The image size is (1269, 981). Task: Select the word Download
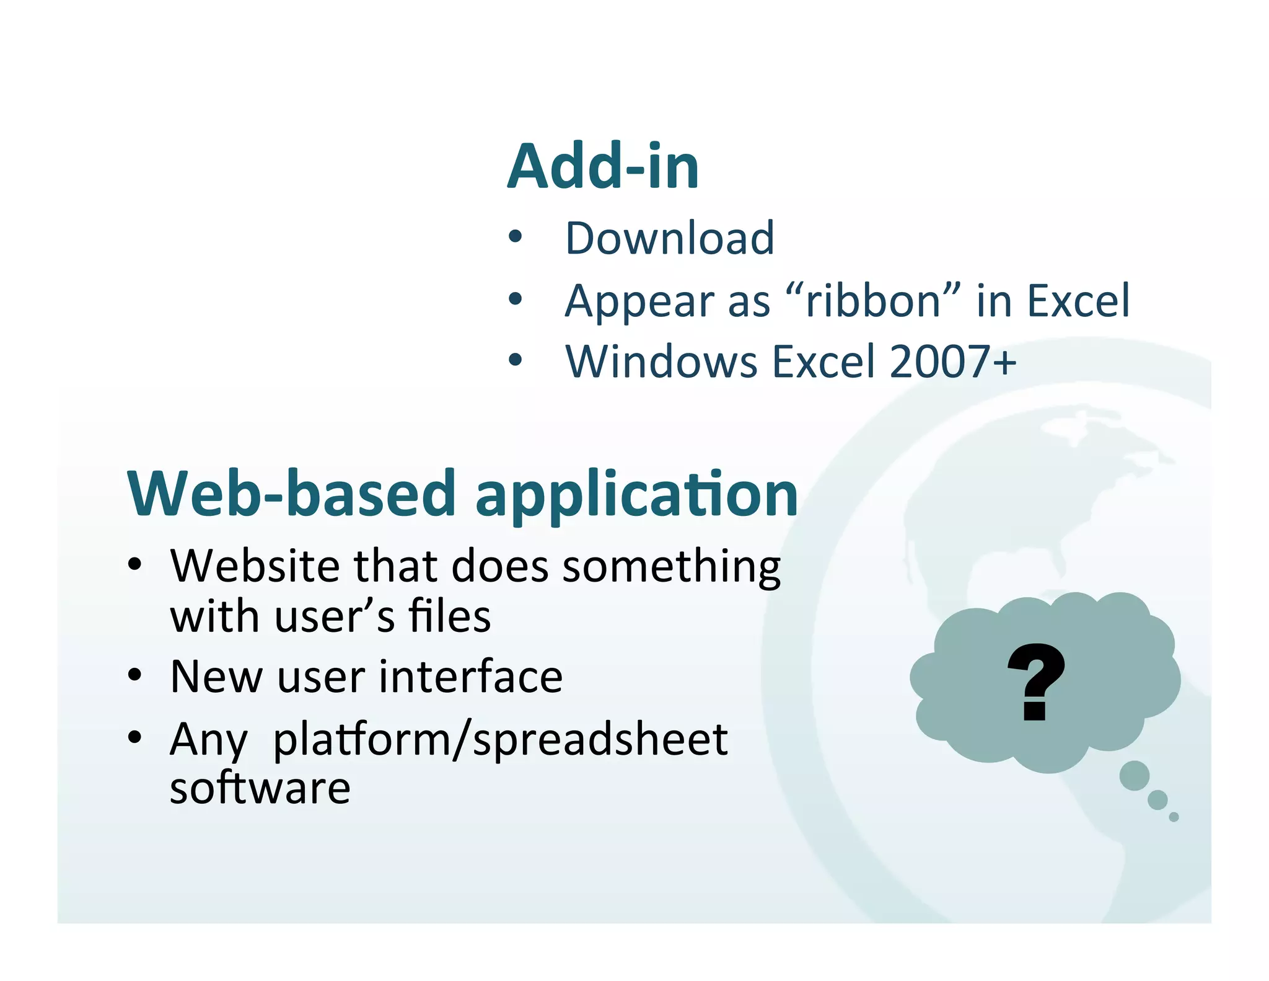(670, 238)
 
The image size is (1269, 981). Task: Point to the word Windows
(661, 362)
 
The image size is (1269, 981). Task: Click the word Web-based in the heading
(292, 494)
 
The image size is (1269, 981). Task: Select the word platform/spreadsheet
(500, 740)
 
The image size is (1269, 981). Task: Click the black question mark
(1035, 681)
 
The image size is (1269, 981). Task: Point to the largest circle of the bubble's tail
(1135, 776)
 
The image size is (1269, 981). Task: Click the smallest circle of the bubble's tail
(1174, 817)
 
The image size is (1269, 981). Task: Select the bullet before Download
(515, 237)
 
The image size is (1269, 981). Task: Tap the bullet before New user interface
(135, 675)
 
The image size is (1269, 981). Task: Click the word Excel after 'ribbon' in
(1078, 301)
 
